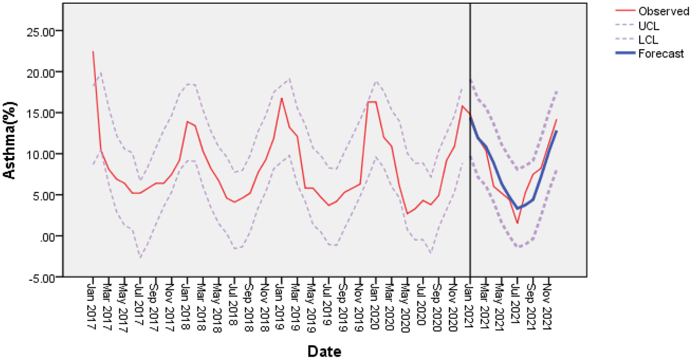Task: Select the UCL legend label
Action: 649,26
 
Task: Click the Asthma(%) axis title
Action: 10,141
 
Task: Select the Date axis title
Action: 324,351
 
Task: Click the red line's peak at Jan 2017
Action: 93,51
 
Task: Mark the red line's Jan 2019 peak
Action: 281,98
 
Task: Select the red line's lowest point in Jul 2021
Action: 518,223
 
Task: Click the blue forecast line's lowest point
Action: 518,208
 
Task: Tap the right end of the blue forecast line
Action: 557,131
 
